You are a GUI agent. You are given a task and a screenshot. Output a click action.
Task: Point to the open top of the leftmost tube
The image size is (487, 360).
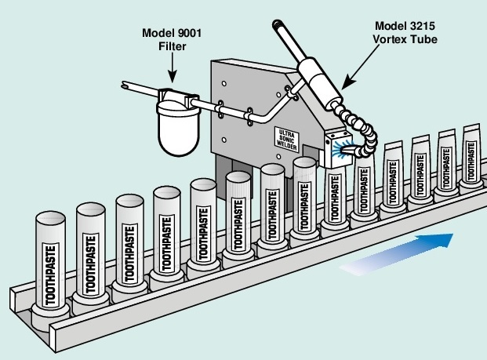tap(52, 216)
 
